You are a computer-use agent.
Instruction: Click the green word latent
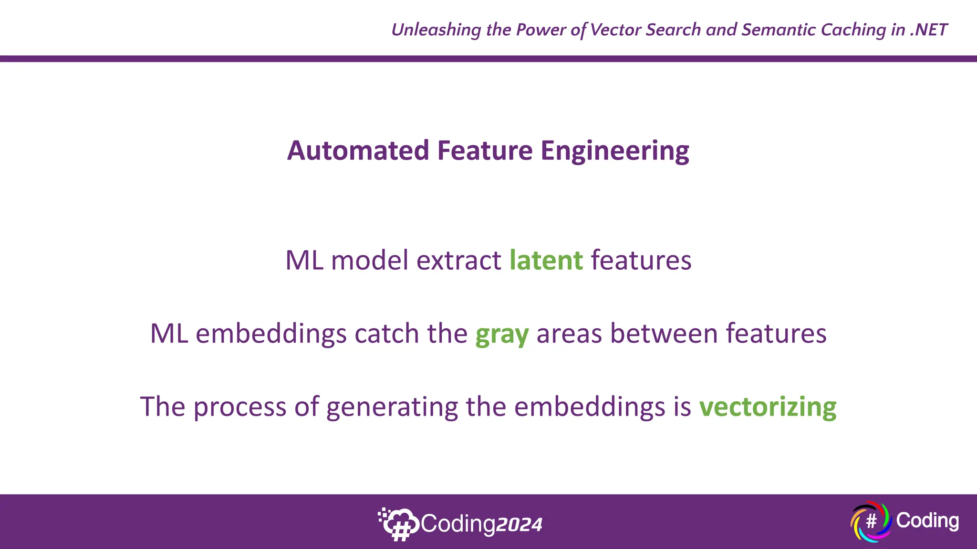546,261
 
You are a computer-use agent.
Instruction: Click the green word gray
502,335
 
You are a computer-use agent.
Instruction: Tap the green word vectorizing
768,407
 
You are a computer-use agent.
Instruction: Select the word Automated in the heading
358,151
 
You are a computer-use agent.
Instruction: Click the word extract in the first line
458,261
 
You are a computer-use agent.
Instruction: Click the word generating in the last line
392,408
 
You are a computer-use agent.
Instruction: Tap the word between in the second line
664,334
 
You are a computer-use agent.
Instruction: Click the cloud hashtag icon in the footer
399,524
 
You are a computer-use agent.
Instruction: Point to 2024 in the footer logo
519,525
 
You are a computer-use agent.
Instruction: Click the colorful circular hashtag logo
871,521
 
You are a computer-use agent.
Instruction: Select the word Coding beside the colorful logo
927,520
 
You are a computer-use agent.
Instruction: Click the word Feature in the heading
485,151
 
